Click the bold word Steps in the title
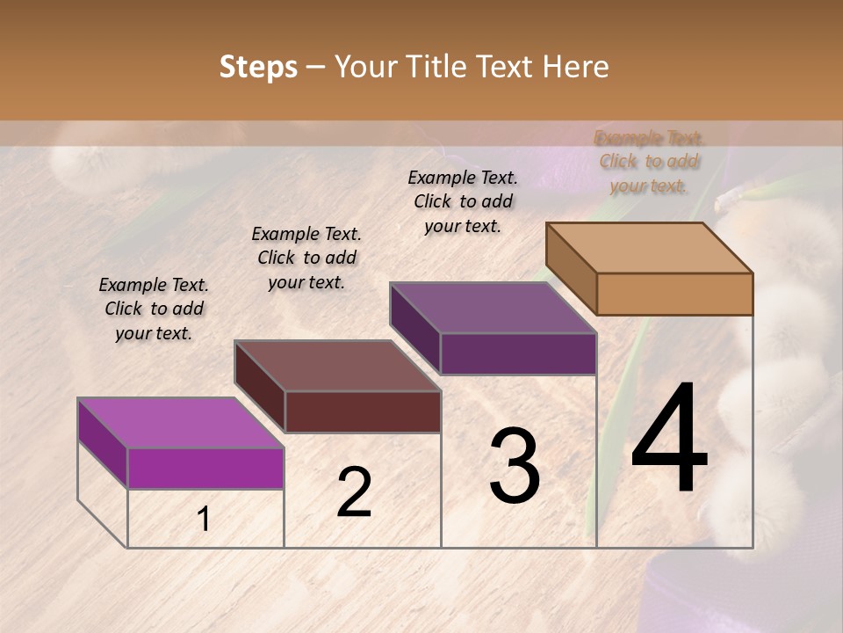tap(258, 67)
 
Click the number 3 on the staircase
tap(514, 466)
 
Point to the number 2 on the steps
tap(354, 492)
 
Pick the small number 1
tap(204, 520)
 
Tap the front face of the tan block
tap(674, 294)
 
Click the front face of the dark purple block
tap(518, 354)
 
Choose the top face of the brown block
tap(337, 366)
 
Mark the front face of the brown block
tap(363, 411)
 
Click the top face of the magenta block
tap(181, 423)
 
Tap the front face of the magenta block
tap(205, 468)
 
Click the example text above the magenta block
tap(154, 309)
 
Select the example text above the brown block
tap(306, 258)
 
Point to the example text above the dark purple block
tap(463, 201)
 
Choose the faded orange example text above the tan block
tap(649, 162)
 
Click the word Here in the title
tap(576, 67)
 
